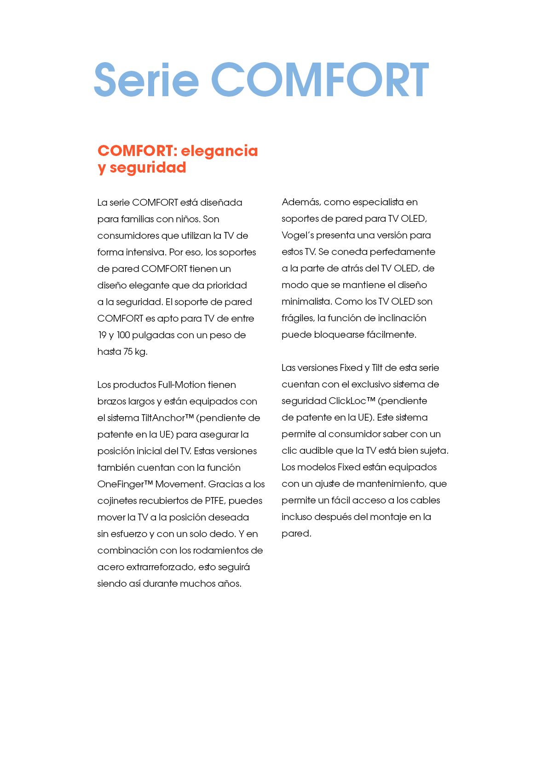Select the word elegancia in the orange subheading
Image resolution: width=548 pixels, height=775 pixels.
pos(219,150)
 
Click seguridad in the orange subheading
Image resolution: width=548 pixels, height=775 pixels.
pos(148,168)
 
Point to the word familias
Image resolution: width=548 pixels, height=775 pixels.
pos(138,219)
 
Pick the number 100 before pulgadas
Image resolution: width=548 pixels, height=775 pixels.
pos(123,335)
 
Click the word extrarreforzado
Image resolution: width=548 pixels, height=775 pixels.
pos(160,567)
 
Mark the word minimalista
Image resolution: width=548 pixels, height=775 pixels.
pos(306,301)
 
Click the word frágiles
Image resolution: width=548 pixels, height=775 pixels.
pos(297,318)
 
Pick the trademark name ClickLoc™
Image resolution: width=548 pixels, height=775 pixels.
pos(352,401)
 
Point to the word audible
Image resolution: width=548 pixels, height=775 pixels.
pos(317,451)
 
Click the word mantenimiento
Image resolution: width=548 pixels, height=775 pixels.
pos(391,484)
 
